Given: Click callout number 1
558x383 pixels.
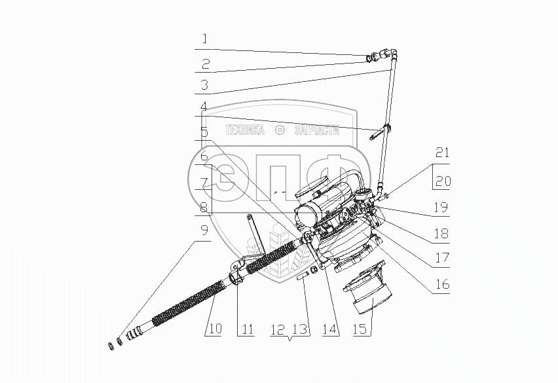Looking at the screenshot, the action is (x=204, y=39).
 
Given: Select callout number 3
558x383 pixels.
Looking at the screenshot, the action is (x=204, y=85).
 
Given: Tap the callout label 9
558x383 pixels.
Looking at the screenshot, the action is (x=204, y=231).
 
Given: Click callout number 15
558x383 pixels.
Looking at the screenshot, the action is (x=360, y=329).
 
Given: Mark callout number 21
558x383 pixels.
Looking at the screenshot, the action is (x=442, y=153).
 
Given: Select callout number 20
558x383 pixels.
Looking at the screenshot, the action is (x=443, y=181).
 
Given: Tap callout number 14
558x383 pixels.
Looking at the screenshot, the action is (x=329, y=329).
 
